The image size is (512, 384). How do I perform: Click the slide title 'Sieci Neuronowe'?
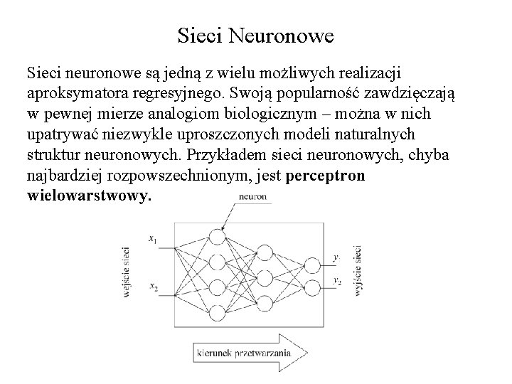[x=255, y=33]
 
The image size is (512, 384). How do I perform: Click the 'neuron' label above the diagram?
[x=252, y=197]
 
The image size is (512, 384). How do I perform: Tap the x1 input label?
[x=153, y=241]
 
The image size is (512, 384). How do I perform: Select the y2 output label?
[x=337, y=282]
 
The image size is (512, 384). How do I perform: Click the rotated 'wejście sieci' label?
[x=127, y=271]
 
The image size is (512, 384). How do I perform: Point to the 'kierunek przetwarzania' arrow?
[x=249, y=352]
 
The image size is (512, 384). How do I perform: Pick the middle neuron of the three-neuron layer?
[x=265, y=274]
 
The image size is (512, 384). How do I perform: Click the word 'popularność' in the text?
[x=303, y=95]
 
